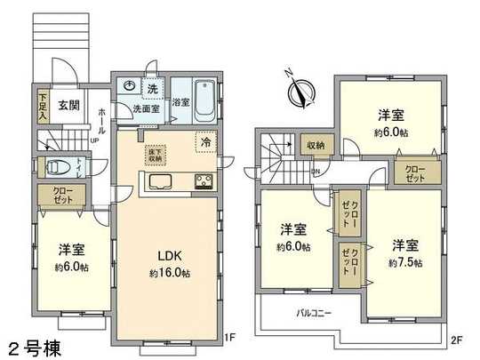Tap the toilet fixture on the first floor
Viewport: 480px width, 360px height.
pos(58,165)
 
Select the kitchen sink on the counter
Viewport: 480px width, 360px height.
pos(164,183)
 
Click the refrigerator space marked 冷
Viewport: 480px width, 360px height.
pos(205,142)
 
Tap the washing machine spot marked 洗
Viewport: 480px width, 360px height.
pos(152,88)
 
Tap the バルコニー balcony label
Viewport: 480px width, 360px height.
pos(313,313)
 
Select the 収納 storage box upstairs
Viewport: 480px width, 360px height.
pos(316,145)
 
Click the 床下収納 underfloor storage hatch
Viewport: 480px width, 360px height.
pos(156,155)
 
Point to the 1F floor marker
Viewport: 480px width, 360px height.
pos(228,337)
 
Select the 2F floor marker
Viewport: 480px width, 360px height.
pos(458,339)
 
